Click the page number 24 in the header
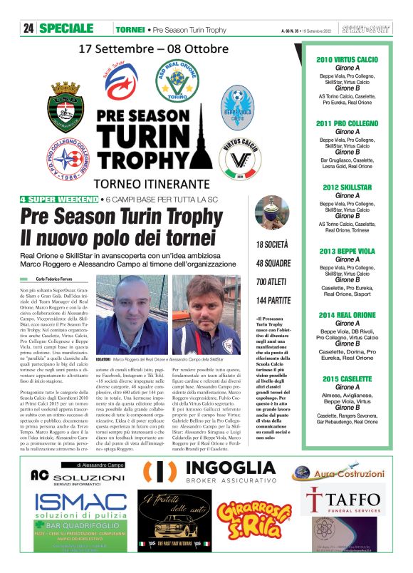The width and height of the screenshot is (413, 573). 28,29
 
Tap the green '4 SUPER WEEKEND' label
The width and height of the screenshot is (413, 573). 59,200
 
